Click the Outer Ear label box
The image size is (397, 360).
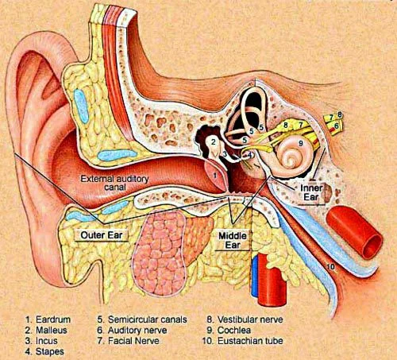click(x=102, y=235)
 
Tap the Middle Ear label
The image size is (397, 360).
click(x=233, y=241)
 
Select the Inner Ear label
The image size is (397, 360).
click(x=311, y=193)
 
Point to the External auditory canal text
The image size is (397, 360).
click(x=114, y=183)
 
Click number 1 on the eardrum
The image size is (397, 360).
click(x=215, y=175)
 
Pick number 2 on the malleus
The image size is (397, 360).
click(x=214, y=142)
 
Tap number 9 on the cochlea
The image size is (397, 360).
click(x=300, y=143)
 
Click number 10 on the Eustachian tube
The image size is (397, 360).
click(x=330, y=266)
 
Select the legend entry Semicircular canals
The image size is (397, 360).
click(x=142, y=319)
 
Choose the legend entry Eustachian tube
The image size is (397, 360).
click(x=243, y=341)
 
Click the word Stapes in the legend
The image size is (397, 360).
click(x=50, y=352)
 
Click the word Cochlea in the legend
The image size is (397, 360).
click(x=234, y=330)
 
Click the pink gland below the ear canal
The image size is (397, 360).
click(x=161, y=253)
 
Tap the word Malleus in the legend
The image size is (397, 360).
click(x=52, y=330)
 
